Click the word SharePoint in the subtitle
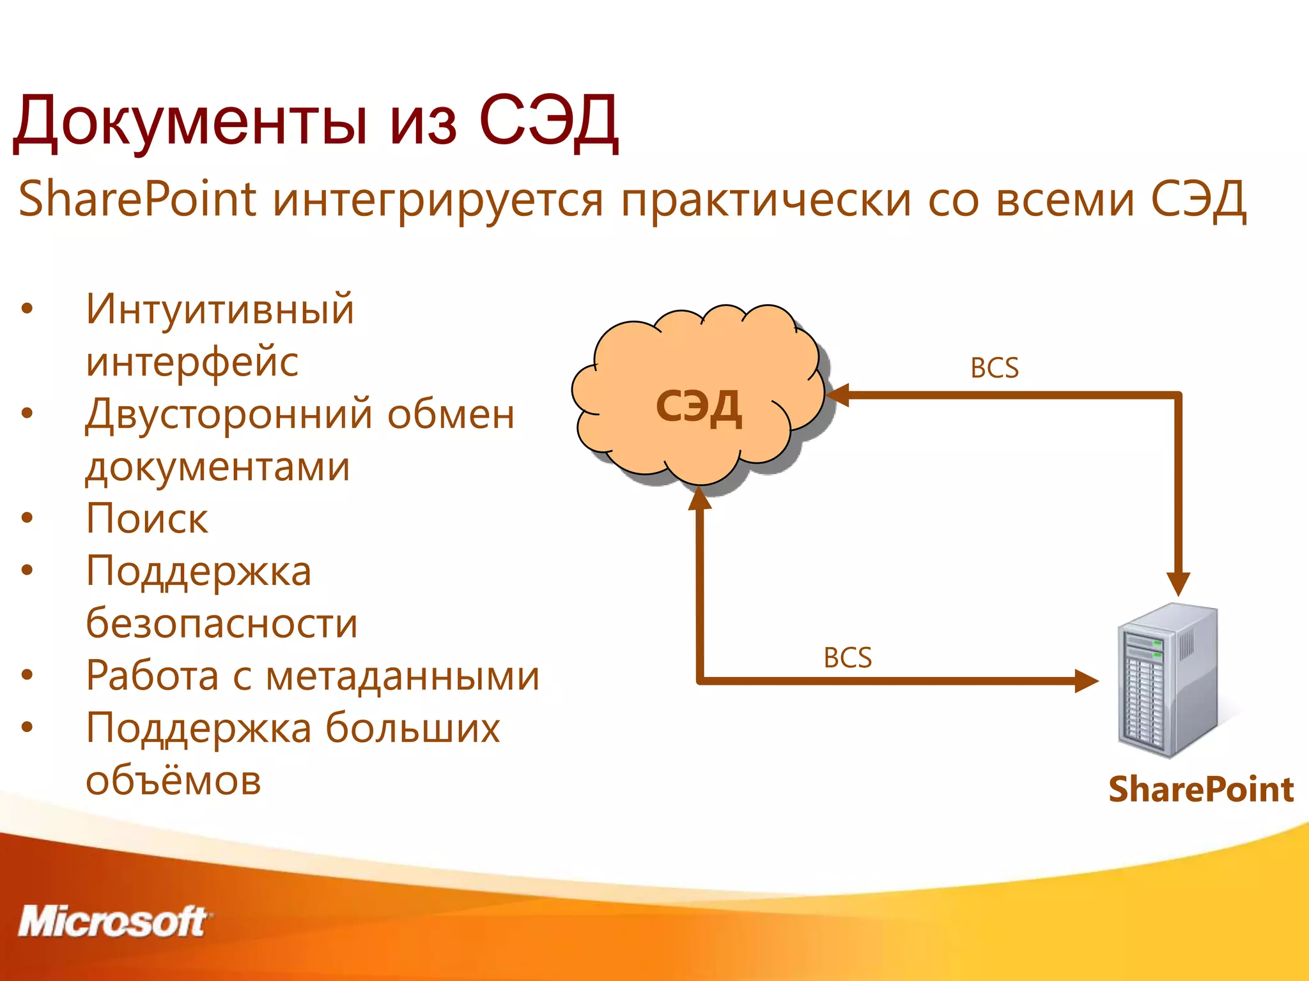coord(137,199)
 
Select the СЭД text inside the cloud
coord(699,407)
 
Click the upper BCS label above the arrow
coord(994,369)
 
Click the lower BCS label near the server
coord(847,658)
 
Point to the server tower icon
coord(1166,681)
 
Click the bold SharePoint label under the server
coord(1200,789)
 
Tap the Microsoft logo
coord(114,922)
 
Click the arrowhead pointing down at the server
coord(1178,582)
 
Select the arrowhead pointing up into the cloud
coord(699,499)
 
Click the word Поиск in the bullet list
coord(147,518)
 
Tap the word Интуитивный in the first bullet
coord(220,309)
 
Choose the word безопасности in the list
coord(222,623)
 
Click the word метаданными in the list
coord(402,676)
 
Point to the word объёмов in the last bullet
coord(173,780)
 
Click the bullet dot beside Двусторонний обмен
coord(27,414)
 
